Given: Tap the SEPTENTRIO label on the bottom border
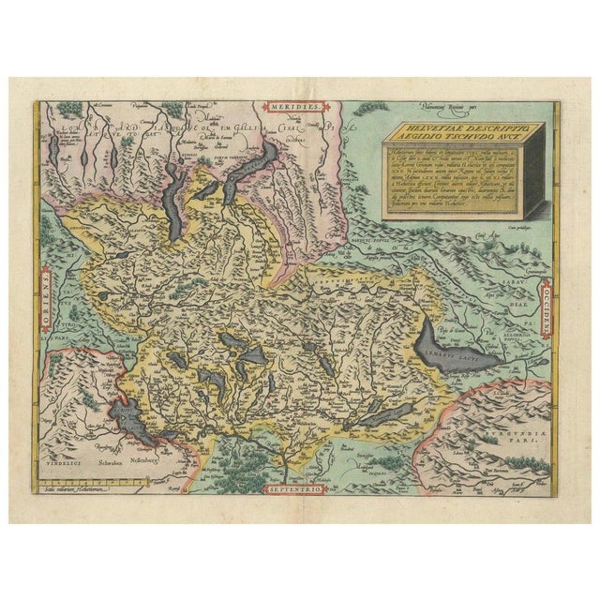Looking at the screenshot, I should coord(298,489).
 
